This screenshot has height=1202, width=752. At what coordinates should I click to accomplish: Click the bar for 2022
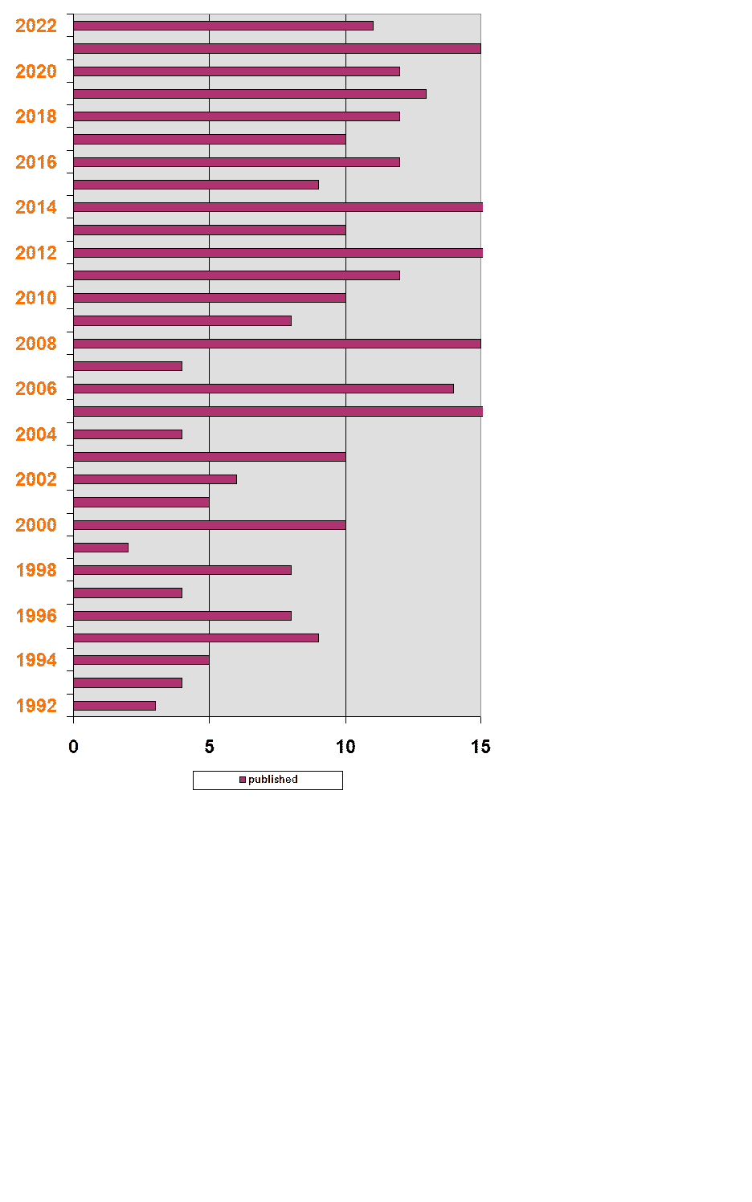223,26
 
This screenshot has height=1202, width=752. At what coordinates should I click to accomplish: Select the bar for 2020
236,71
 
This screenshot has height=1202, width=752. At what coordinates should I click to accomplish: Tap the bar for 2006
264,389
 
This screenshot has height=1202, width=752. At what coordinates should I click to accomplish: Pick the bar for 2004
128,434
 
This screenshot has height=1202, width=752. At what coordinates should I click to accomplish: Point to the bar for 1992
114,706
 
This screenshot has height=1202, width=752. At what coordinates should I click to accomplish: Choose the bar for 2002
155,479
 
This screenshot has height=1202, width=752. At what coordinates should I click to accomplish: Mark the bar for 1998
182,570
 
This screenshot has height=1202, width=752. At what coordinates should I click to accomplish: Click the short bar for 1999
100,548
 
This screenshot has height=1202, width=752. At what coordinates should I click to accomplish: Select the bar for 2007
128,366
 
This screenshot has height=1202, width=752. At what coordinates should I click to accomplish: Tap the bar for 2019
250,94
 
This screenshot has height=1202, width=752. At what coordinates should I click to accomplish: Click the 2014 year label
36,207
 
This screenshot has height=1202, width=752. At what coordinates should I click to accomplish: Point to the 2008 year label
36,344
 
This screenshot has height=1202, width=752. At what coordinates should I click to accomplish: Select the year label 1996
36,616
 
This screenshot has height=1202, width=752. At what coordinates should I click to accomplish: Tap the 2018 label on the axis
36,116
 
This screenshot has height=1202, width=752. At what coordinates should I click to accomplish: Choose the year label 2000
36,525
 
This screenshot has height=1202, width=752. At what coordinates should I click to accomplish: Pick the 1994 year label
36,660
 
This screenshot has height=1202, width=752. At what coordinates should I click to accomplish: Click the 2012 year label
36,253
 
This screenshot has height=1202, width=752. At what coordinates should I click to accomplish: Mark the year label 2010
36,298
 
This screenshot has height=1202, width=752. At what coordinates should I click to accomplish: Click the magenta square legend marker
243,780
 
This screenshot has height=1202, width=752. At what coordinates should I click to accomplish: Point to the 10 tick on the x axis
345,747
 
